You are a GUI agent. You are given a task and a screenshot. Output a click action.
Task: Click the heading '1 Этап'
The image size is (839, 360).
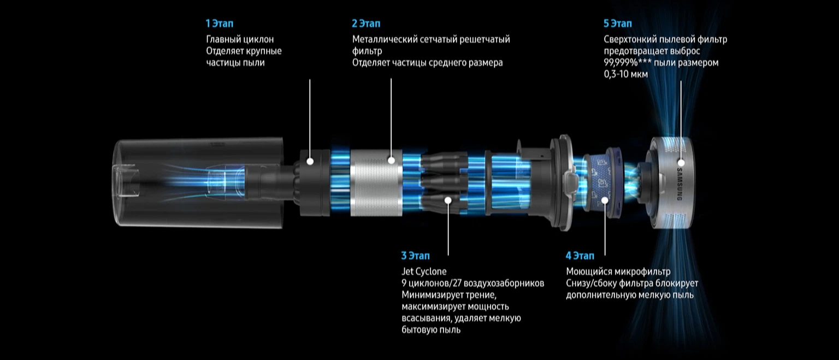pos(220,23)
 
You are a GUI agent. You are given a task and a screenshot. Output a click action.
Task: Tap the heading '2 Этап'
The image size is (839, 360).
pos(366,23)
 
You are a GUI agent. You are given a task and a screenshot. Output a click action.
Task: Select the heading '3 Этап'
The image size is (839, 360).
pos(415,256)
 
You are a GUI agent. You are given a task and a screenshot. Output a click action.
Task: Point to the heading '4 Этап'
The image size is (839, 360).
pos(580,256)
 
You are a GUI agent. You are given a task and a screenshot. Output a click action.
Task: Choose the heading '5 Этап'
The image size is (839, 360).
pos(618,23)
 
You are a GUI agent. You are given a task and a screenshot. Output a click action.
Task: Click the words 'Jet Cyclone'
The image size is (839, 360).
pos(424,272)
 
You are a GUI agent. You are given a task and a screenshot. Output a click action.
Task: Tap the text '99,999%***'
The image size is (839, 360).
pos(628,63)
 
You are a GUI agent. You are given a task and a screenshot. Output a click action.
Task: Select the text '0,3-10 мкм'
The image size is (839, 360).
pos(626,74)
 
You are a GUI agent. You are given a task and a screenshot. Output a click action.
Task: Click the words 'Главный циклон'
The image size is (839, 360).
pos(240,39)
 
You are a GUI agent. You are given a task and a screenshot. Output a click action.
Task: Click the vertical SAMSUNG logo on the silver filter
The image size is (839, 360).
pos(680,184)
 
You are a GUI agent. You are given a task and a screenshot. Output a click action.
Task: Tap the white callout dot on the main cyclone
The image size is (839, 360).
pos(310,162)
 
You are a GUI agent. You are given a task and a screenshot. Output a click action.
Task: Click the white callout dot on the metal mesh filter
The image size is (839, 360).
pos(392,160)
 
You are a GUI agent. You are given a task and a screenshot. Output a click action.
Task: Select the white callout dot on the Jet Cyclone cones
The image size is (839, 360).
pos(448,200)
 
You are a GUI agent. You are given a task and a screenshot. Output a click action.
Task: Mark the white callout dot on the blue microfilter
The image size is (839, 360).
pos(605,200)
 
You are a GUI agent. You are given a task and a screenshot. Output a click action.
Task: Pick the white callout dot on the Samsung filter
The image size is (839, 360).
pos(681,163)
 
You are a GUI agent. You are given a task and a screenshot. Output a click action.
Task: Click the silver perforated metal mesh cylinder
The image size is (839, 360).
pos(376,183)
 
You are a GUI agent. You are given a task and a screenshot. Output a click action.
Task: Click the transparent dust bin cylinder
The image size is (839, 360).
pos(198,182)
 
